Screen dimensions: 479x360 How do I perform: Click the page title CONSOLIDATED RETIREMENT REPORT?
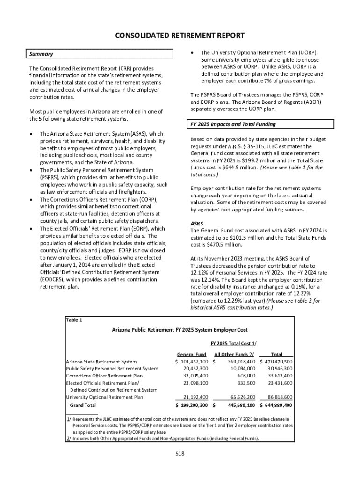click(x=180, y=36)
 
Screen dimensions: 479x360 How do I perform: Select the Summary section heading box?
click(x=95, y=54)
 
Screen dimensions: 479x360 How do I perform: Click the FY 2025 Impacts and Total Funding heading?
click(x=262, y=124)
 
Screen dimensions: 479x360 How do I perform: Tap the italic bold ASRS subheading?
click(x=196, y=223)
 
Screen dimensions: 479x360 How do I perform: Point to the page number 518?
click(x=180, y=453)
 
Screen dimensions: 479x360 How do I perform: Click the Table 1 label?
click(x=74, y=320)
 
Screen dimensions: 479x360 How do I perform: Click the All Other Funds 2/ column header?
click(x=234, y=354)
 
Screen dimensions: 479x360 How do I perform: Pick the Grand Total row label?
click(x=83, y=405)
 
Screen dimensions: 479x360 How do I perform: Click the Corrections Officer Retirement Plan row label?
click(x=104, y=376)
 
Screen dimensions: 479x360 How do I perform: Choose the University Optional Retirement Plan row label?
click(x=105, y=397)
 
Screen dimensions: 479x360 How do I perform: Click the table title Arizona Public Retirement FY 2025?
click(x=180, y=330)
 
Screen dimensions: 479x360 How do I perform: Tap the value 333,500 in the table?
click(x=245, y=383)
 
